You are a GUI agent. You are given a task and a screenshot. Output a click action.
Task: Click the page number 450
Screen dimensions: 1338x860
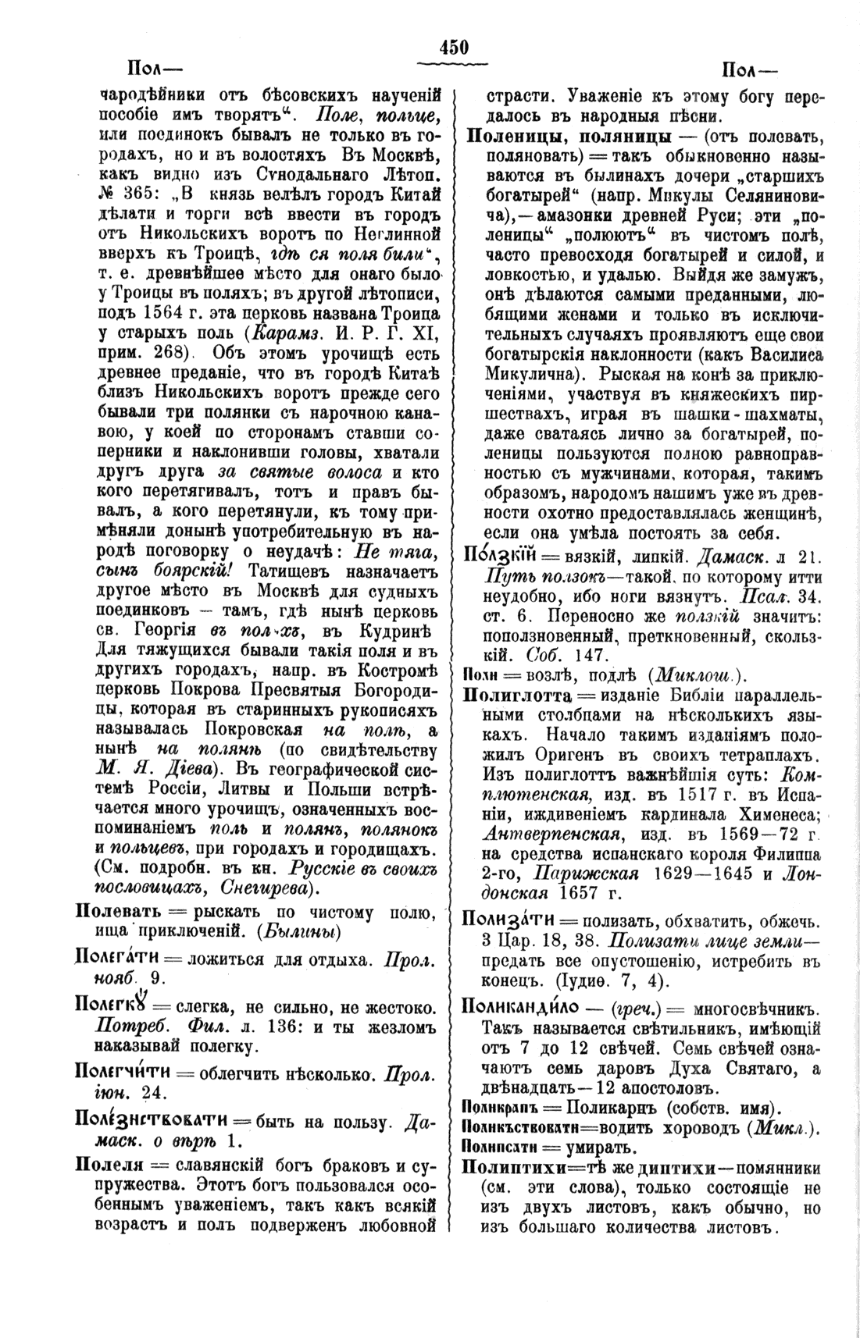[x=454, y=48]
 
